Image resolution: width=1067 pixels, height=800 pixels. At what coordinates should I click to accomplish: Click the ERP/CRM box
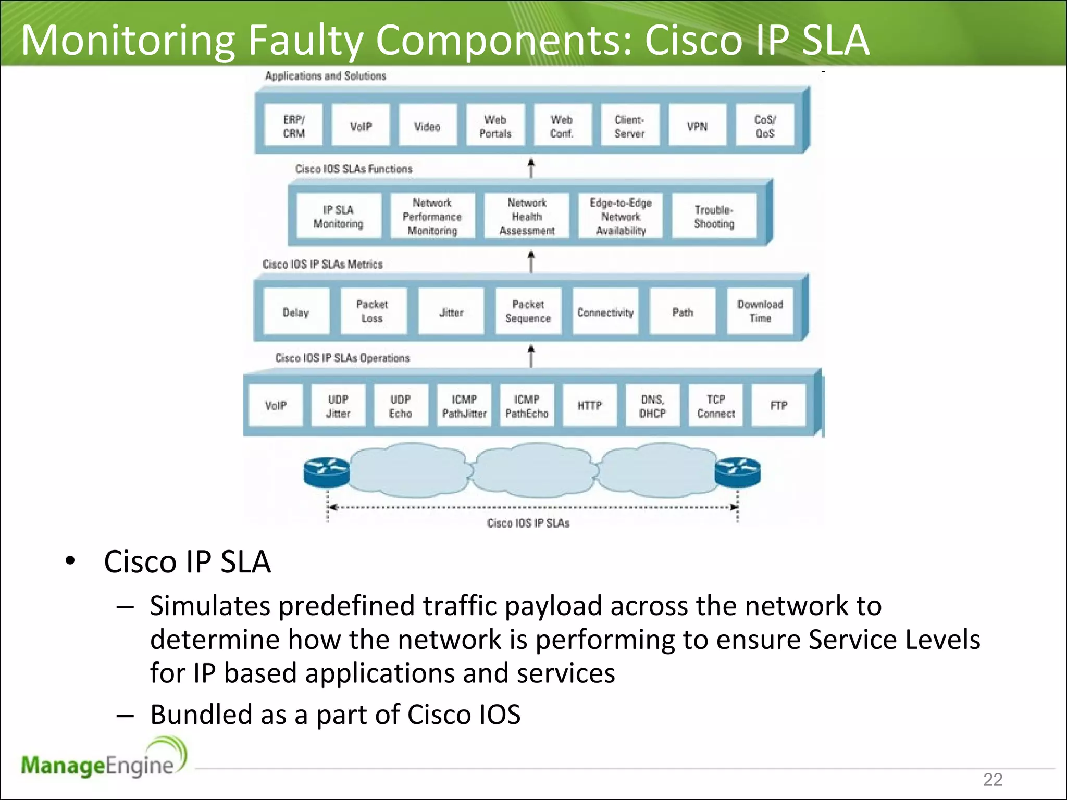pyautogui.click(x=293, y=126)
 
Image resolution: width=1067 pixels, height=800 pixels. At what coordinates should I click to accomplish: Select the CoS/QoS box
pyautogui.click(x=764, y=126)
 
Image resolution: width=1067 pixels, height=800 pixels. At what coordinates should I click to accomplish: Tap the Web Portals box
pyautogui.click(x=495, y=126)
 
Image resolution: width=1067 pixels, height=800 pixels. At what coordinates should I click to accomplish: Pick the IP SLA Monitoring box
pyautogui.click(x=338, y=216)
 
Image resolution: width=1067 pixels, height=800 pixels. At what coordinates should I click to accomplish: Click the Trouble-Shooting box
pyautogui.click(x=714, y=216)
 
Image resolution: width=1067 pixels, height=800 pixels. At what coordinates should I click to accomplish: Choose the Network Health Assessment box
pyautogui.click(x=527, y=216)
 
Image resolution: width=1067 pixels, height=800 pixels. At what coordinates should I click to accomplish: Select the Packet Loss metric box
pyautogui.click(x=373, y=311)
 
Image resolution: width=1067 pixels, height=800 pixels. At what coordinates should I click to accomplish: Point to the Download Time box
pyautogui.click(x=760, y=311)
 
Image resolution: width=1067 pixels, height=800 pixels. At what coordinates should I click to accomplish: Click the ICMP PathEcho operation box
pyautogui.click(x=526, y=406)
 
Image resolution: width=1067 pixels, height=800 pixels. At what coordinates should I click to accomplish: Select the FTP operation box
pyautogui.click(x=778, y=405)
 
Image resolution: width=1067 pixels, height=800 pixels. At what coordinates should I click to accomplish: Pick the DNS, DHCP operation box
pyautogui.click(x=652, y=406)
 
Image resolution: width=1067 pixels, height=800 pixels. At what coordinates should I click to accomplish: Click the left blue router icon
pyautogui.click(x=327, y=472)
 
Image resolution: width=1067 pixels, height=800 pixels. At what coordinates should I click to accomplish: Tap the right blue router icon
pyautogui.click(x=737, y=472)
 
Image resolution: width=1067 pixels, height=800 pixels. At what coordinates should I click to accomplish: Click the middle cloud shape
pyautogui.click(x=534, y=469)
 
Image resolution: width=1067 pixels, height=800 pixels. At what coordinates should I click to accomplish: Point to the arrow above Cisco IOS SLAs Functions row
pyautogui.click(x=531, y=168)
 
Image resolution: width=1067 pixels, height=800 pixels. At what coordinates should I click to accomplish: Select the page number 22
pyautogui.click(x=992, y=779)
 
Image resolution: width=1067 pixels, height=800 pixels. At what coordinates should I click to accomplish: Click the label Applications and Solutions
pyautogui.click(x=325, y=76)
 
